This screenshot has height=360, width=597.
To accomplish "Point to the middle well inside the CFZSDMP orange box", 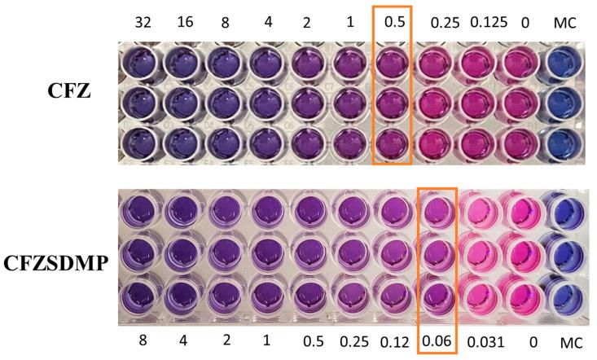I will click(437, 254).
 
